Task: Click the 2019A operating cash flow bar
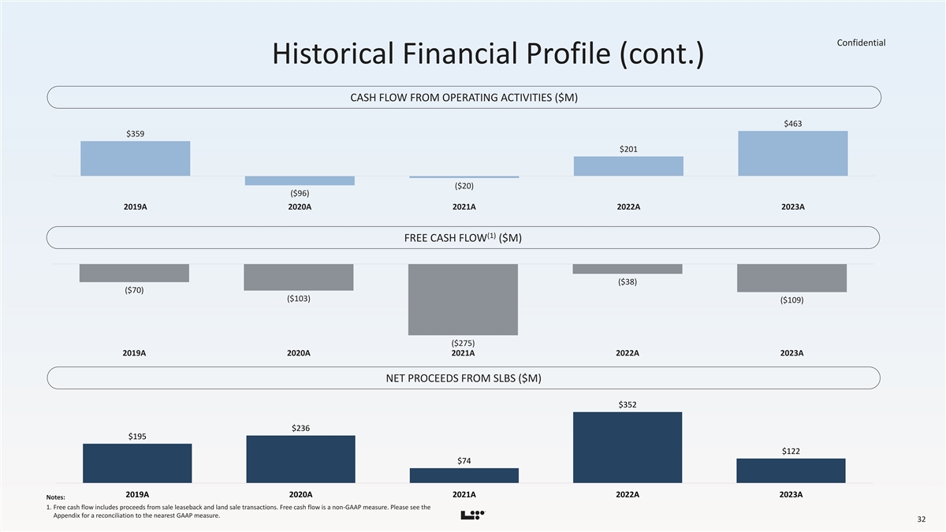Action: (x=135, y=158)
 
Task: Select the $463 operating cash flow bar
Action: (x=792, y=153)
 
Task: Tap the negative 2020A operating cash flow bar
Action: (x=300, y=180)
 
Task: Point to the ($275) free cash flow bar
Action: (x=463, y=299)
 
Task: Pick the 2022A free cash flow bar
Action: (x=628, y=269)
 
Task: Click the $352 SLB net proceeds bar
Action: (x=628, y=447)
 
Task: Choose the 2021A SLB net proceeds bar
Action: (x=464, y=475)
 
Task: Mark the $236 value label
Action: (x=300, y=428)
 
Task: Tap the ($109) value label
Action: (x=791, y=300)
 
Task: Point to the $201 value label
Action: (x=628, y=149)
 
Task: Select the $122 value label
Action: (x=791, y=451)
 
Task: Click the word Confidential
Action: (x=861, y=43)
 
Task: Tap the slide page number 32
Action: (x=921, y=519)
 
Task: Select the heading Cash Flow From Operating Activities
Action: (x=464, y=98)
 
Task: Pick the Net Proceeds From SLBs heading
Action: (x=464, y=378)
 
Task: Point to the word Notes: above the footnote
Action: (x=55, y=497)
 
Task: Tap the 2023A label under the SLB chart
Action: (x=791, y=494)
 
